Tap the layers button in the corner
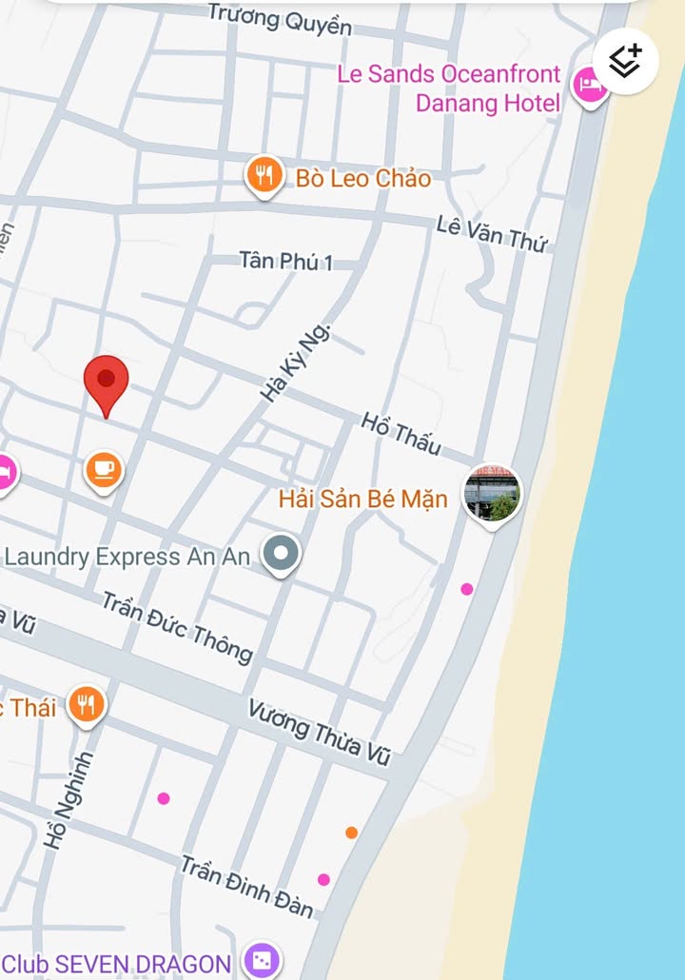click(625, 62)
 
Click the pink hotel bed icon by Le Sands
click(591, 87)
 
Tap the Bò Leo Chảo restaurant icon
click(264, 175)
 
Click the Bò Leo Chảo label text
click(363, 178)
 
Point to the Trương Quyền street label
click(280, 18)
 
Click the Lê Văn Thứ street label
click(492, 233)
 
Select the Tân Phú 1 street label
click(285, 261)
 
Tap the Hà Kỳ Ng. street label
click(296, 363)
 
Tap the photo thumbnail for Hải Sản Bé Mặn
click(492, 494)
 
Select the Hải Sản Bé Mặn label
click(363, 499)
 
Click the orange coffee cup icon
click(104, 470)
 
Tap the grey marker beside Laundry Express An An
click(281, 553)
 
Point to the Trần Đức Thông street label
click(177, 627)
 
